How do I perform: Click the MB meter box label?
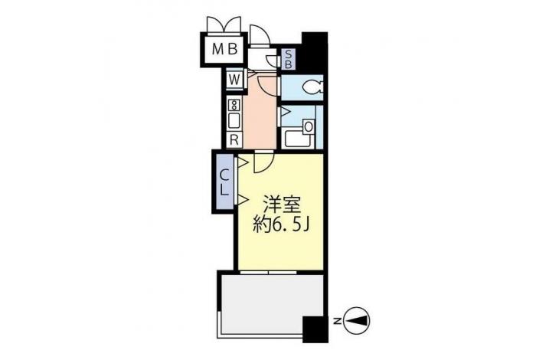[x=224, y=49]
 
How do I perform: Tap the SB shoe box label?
[x=288, y=60]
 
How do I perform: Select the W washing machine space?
[x=234, y=80]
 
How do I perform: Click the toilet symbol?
[x=312, y=86]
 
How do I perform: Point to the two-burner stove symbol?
[x=234, y=105]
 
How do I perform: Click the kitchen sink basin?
[x=234, y=120]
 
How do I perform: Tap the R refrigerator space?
[x=234, y=139]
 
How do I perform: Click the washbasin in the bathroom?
[x=309, y=126]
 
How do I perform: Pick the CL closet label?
[x=224, y=182]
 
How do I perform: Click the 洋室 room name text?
[x=282, y=205]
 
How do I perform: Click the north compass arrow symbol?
[x=357, y=322]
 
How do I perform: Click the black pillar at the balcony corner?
[x=315, y=329]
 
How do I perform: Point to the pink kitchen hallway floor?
[x=260, y=114]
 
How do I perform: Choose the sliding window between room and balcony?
[x=268, y=273]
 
